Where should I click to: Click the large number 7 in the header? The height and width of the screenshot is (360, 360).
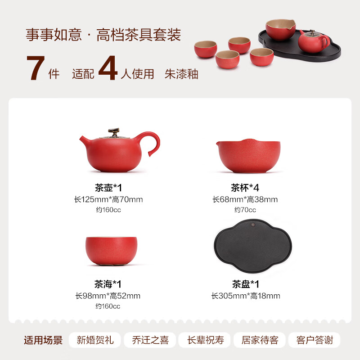(36, 69)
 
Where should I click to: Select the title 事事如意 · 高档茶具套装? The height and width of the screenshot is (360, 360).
(103, 35)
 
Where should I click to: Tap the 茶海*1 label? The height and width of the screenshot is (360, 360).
(108, 284)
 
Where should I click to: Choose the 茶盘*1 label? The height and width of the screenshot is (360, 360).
(245, 284)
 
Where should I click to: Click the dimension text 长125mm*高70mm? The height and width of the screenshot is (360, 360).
(108, 199)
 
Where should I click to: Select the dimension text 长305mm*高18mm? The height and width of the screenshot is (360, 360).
(245, 296)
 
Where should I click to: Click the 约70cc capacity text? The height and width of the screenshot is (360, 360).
(245, 210)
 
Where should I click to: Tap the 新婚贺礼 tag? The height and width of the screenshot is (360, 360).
(95, 340)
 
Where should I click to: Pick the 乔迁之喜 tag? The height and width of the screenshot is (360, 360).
(150, 340)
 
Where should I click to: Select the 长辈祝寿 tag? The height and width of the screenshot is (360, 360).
(205, 340)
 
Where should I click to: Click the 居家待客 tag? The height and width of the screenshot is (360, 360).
(260, 340)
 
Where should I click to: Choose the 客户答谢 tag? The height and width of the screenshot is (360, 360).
(315, 340)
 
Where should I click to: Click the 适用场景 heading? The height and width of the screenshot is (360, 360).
(43, 340)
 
